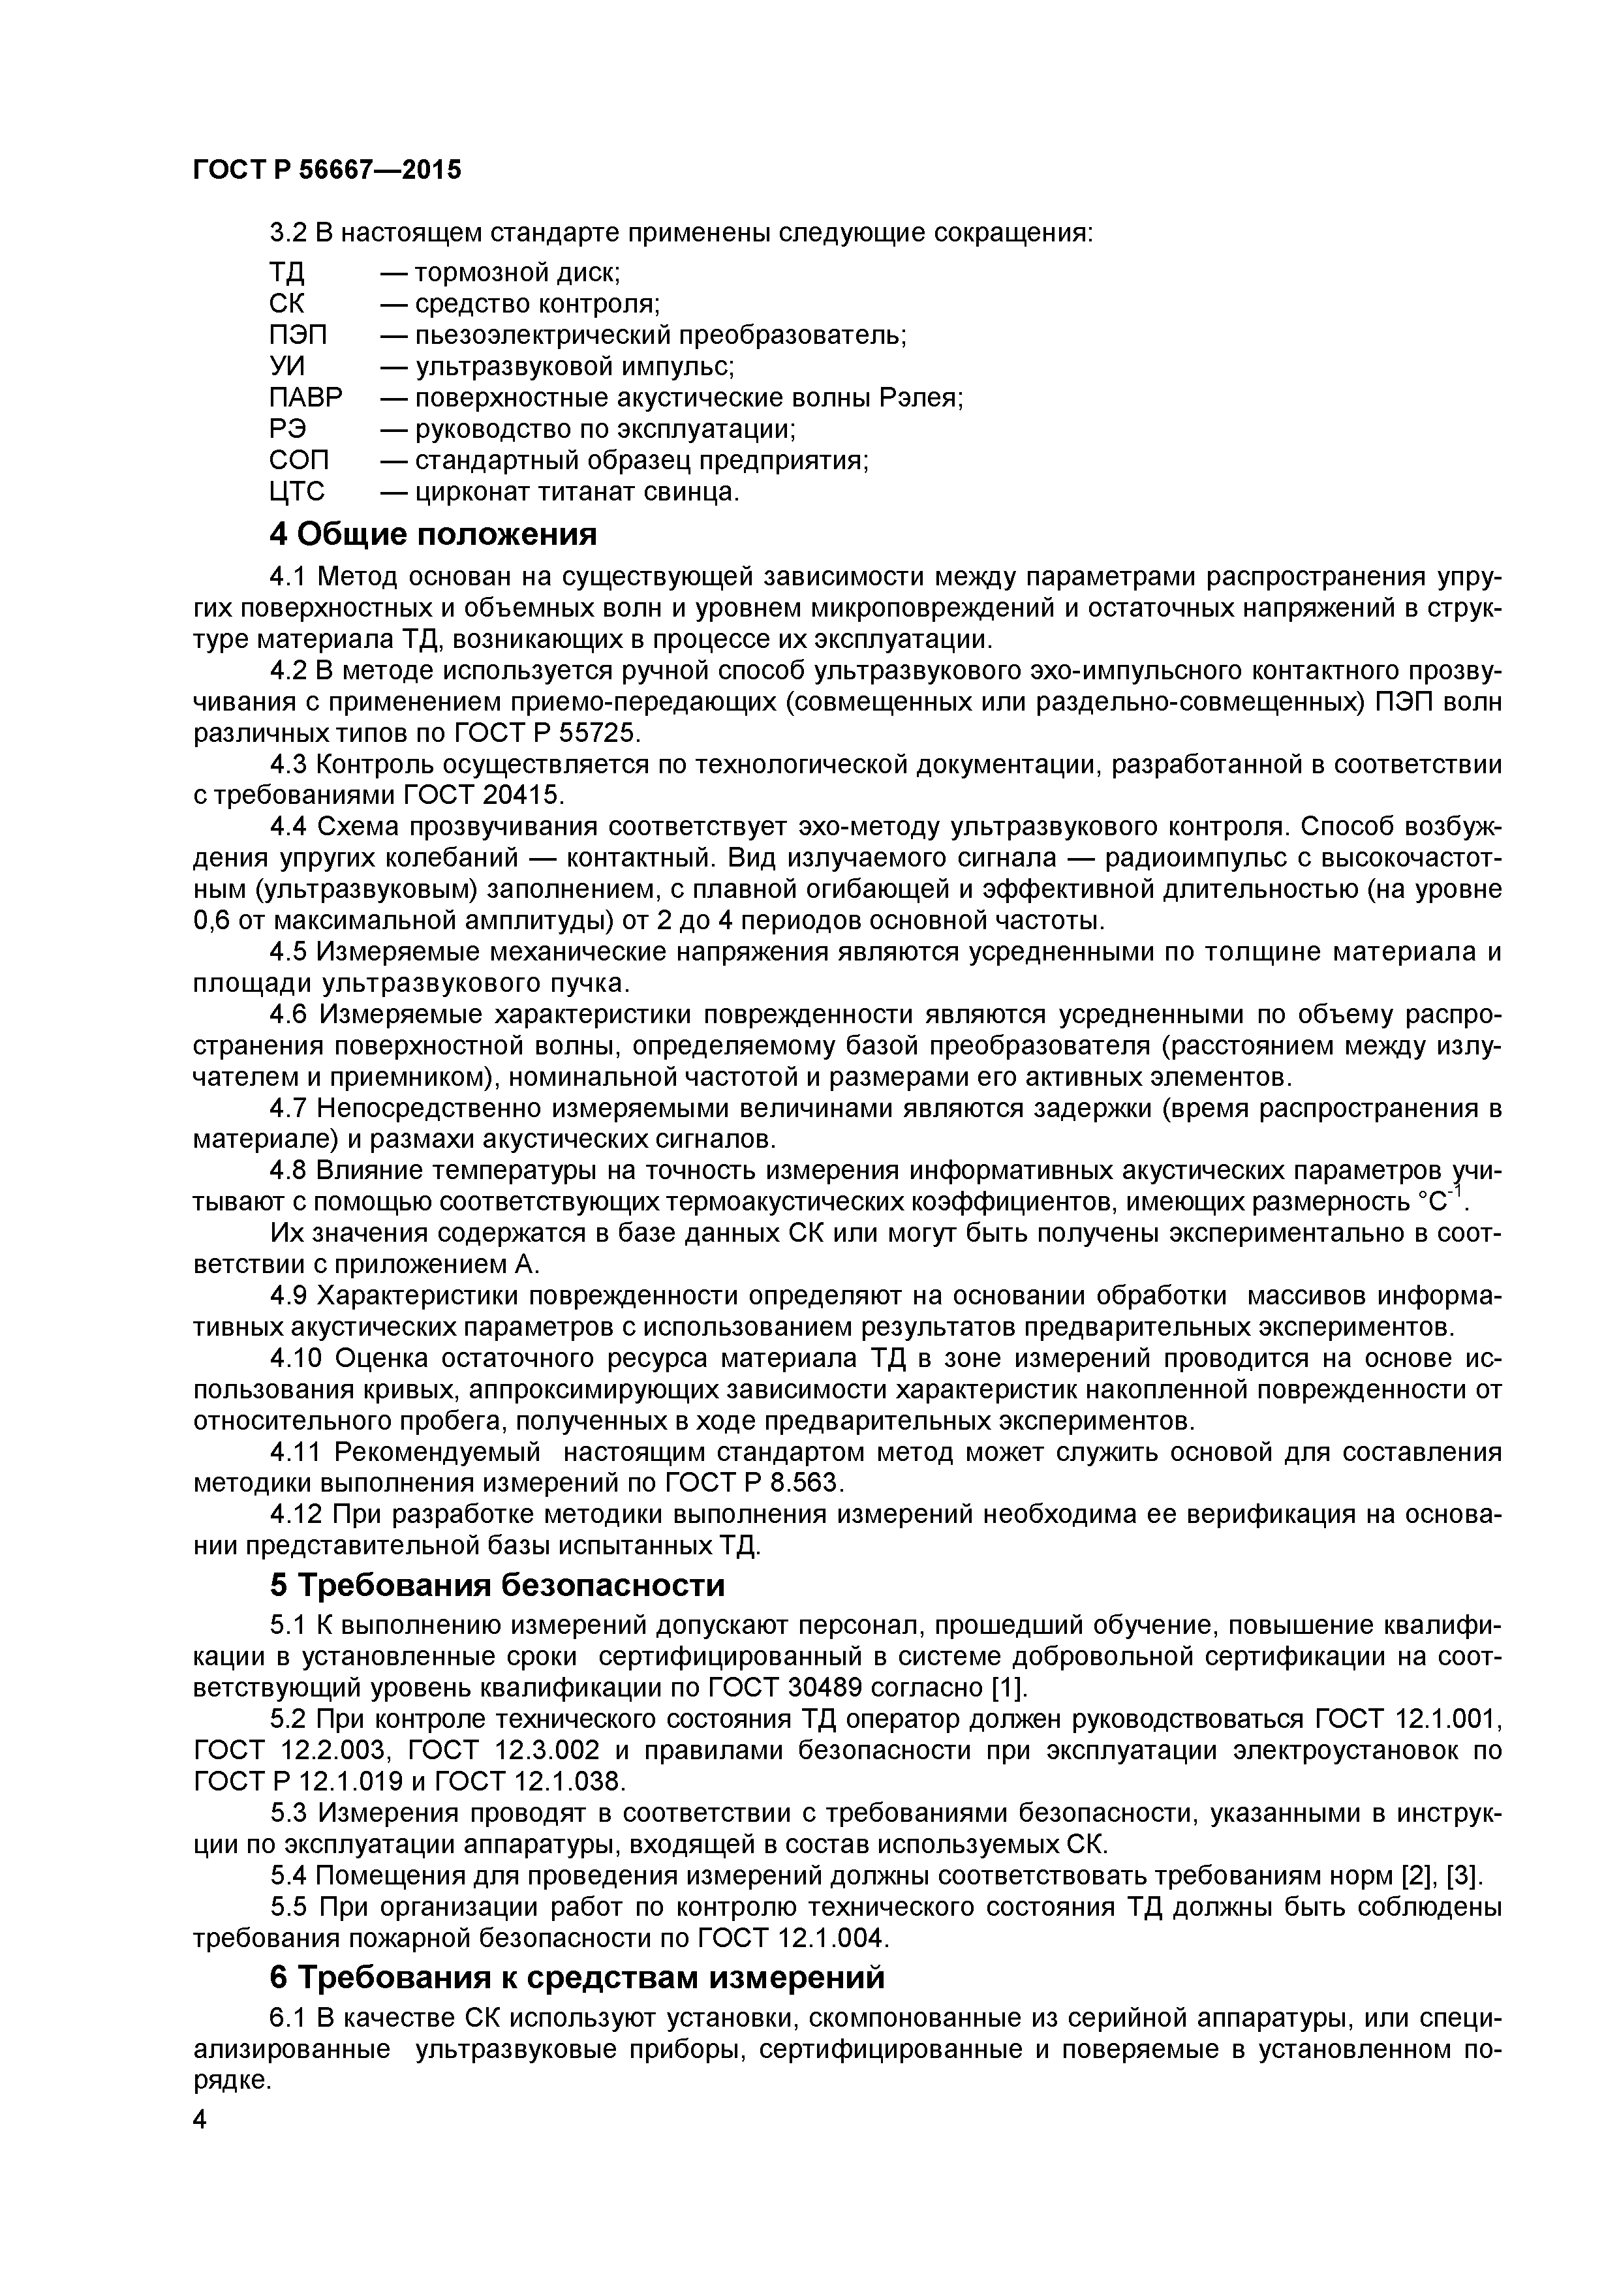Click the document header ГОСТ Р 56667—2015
tap(327, 170)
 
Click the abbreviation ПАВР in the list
tap(305, 398)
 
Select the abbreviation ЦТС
tap(297, 491)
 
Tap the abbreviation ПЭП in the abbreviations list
tap(298, 335)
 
